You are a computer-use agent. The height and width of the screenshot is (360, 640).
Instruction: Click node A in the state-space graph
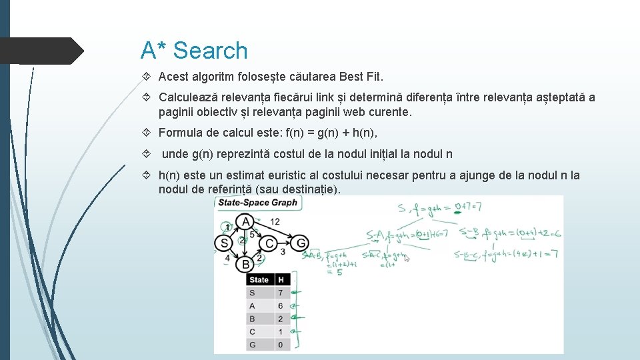pos(245,221)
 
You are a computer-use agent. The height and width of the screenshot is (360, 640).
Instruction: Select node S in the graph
pos(223,243)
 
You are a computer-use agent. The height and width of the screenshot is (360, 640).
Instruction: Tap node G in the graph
pos(301,243)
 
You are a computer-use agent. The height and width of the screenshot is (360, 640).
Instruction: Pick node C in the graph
pos(269,243)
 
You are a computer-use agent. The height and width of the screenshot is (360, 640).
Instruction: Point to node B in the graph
pos(245,264)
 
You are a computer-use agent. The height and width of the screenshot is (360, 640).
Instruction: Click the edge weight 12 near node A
pos(274,221)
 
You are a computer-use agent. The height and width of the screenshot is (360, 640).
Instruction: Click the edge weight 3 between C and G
pos(283,252)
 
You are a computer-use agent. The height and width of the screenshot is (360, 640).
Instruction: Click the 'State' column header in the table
pos(259,280)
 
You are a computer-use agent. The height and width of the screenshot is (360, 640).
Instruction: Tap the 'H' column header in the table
pos(281,280)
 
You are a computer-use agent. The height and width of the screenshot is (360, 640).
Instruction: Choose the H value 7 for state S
pos(280,293)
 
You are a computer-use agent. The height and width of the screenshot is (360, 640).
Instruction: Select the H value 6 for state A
pos(280,306)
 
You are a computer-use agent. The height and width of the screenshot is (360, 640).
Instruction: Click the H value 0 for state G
pos(280,345)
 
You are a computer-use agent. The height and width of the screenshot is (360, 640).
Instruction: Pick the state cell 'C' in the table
pos(252,332)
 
